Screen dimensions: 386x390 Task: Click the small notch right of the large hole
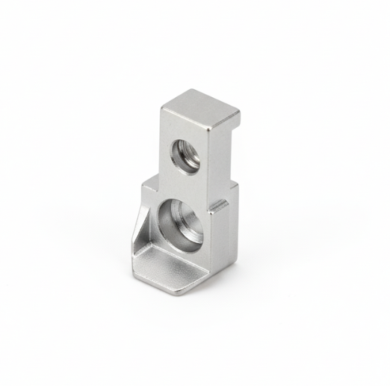coord(219,205)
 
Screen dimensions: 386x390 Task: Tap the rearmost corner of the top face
coord(194,90)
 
